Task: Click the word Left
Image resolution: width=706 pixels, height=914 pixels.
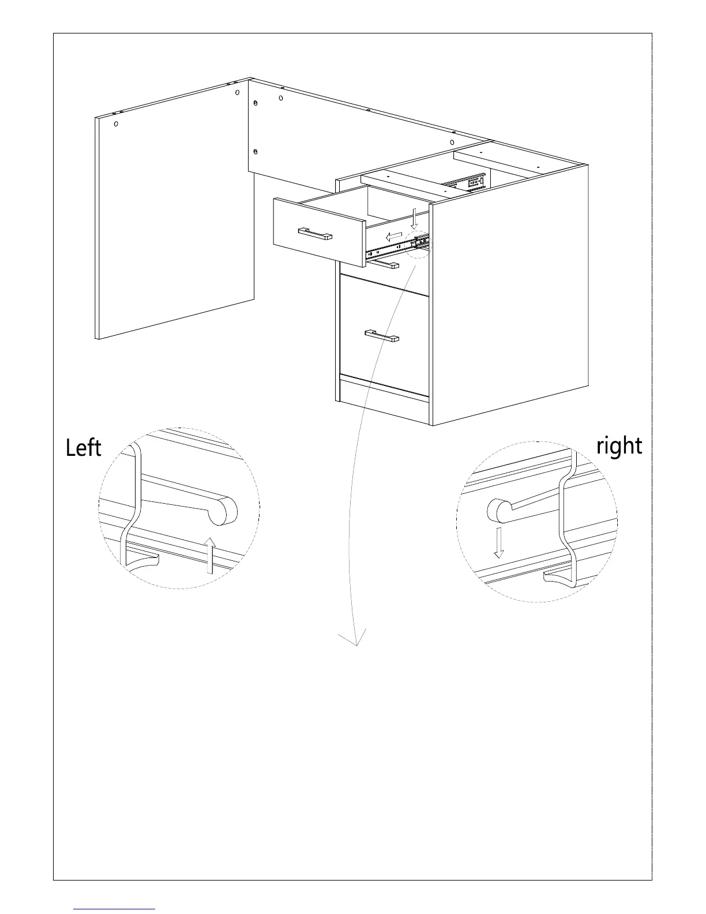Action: [x=84, y=448]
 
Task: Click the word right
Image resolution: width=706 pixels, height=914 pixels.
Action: [x=619, y=446]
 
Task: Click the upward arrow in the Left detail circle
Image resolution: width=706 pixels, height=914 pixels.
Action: [x=211, y=555]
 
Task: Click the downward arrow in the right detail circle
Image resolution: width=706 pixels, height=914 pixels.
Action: [x=498, y=541]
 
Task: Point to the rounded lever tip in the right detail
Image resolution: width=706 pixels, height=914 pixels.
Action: [x=498, y=510]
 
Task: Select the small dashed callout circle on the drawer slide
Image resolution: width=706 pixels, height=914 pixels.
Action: [x=420, y=244]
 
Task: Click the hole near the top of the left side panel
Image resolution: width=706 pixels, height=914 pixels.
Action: [x=117, y=124]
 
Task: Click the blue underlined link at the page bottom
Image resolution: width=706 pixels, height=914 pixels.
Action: [x=115, y=909]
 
